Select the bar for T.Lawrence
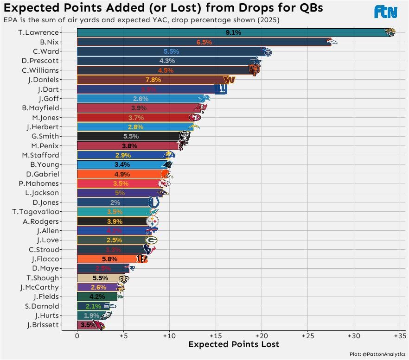pos(232,32)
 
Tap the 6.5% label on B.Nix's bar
pos(204,42)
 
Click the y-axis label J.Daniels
pos(44,80)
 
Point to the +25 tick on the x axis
pos(307,335)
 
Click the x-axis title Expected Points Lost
pos(234,344)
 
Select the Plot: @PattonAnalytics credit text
pos(377,354)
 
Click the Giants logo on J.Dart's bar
pos(220,89)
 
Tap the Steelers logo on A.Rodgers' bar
pos(152,221)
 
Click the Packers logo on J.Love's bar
pos(151,240)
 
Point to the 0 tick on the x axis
pos(77,335)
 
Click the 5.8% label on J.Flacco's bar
pos(109,259)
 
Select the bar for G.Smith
pos(130,136)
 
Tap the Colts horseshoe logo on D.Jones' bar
pos(153,202)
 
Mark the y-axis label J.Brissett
pos(43,325)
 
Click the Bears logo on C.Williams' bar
pos(254,70)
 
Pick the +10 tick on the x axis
pos(169,335)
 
